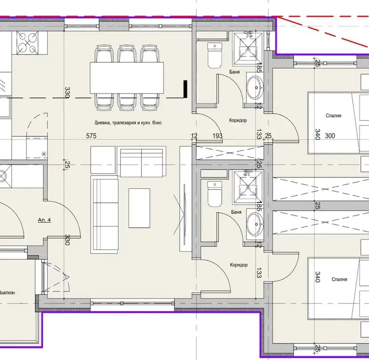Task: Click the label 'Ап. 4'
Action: [44, 220]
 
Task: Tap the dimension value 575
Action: [91, 136]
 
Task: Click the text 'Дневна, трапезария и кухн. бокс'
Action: [128, 123]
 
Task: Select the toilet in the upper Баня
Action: [215, 55]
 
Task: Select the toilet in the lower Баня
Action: [215, 194]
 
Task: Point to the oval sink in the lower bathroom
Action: [255, 224]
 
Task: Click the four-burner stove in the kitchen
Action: [27, 43]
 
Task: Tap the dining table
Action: [126, 78]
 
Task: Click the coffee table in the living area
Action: [139, 208]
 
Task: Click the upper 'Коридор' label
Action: [238, 120]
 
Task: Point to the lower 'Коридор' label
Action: [239, 265]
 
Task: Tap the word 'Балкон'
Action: [7, 293]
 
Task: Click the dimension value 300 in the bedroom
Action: [330, 136]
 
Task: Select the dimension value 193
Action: [217, 136]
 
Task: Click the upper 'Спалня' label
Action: [333, 116]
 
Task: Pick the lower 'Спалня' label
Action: [339, 279]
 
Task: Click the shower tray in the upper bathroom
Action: [247, 49]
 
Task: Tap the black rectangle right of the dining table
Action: [186, 89]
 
